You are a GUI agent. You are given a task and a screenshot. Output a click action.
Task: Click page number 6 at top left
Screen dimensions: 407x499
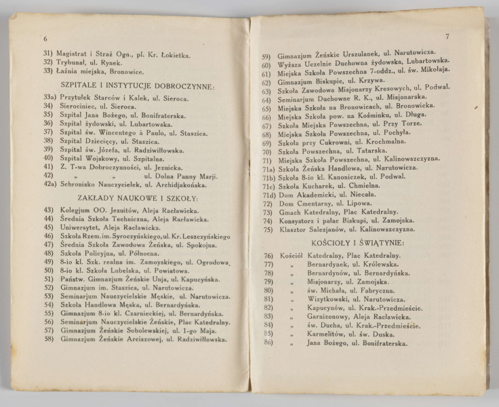(45, 39)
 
